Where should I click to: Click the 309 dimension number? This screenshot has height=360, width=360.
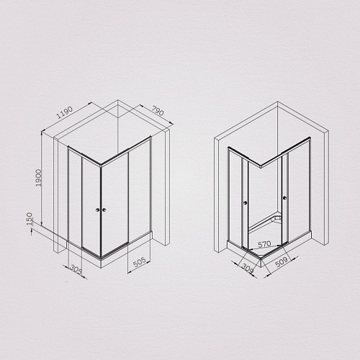pyautogui.click(x=247, y=268)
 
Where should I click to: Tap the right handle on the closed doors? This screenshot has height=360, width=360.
pyautogui.click(x=105, y=210)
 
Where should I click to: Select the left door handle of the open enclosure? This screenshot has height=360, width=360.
pyautogui.click(x=246, y=202)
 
